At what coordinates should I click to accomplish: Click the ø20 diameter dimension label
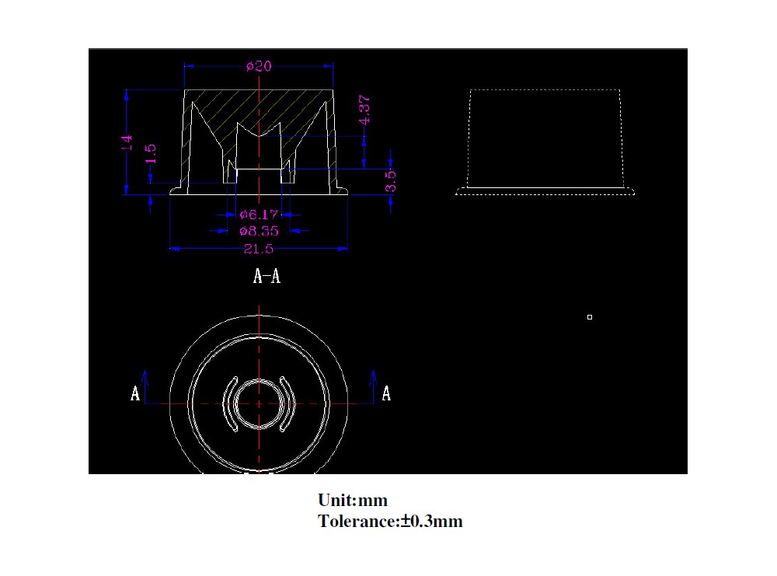[259, 67]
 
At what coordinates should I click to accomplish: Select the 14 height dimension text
[127, 142]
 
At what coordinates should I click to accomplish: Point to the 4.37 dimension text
[364, 110]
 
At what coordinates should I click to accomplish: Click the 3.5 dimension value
[391, 180]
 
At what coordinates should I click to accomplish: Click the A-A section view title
[267, 276]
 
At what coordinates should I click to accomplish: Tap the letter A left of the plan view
[135, 394]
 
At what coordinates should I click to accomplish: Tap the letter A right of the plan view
[386, 394]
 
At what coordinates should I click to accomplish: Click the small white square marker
[590, 317]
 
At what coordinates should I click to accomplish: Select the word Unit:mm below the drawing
[353, 500]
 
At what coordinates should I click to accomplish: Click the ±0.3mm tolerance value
[432, 522]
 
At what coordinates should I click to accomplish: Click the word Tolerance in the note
[357, 522]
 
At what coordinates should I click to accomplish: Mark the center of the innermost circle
[258, 403]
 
